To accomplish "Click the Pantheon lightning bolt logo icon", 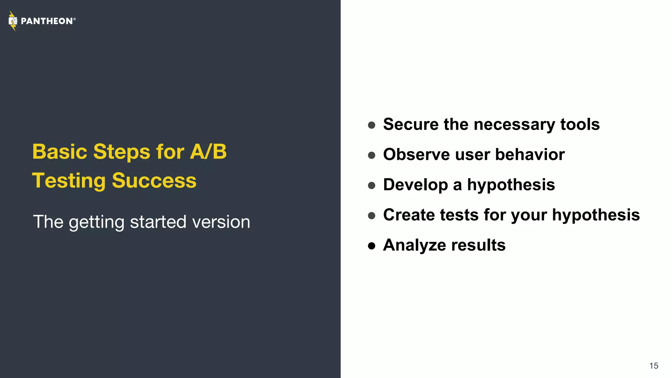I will pos(13,21).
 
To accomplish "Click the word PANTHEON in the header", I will pos(47,21).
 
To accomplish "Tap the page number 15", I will pos(654,366).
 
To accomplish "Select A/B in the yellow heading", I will pos(208,152).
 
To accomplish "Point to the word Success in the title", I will pos(154,181).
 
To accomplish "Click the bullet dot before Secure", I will pos(371,125).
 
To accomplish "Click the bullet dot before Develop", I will pos(371,185).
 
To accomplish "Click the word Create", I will pos(409,215).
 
